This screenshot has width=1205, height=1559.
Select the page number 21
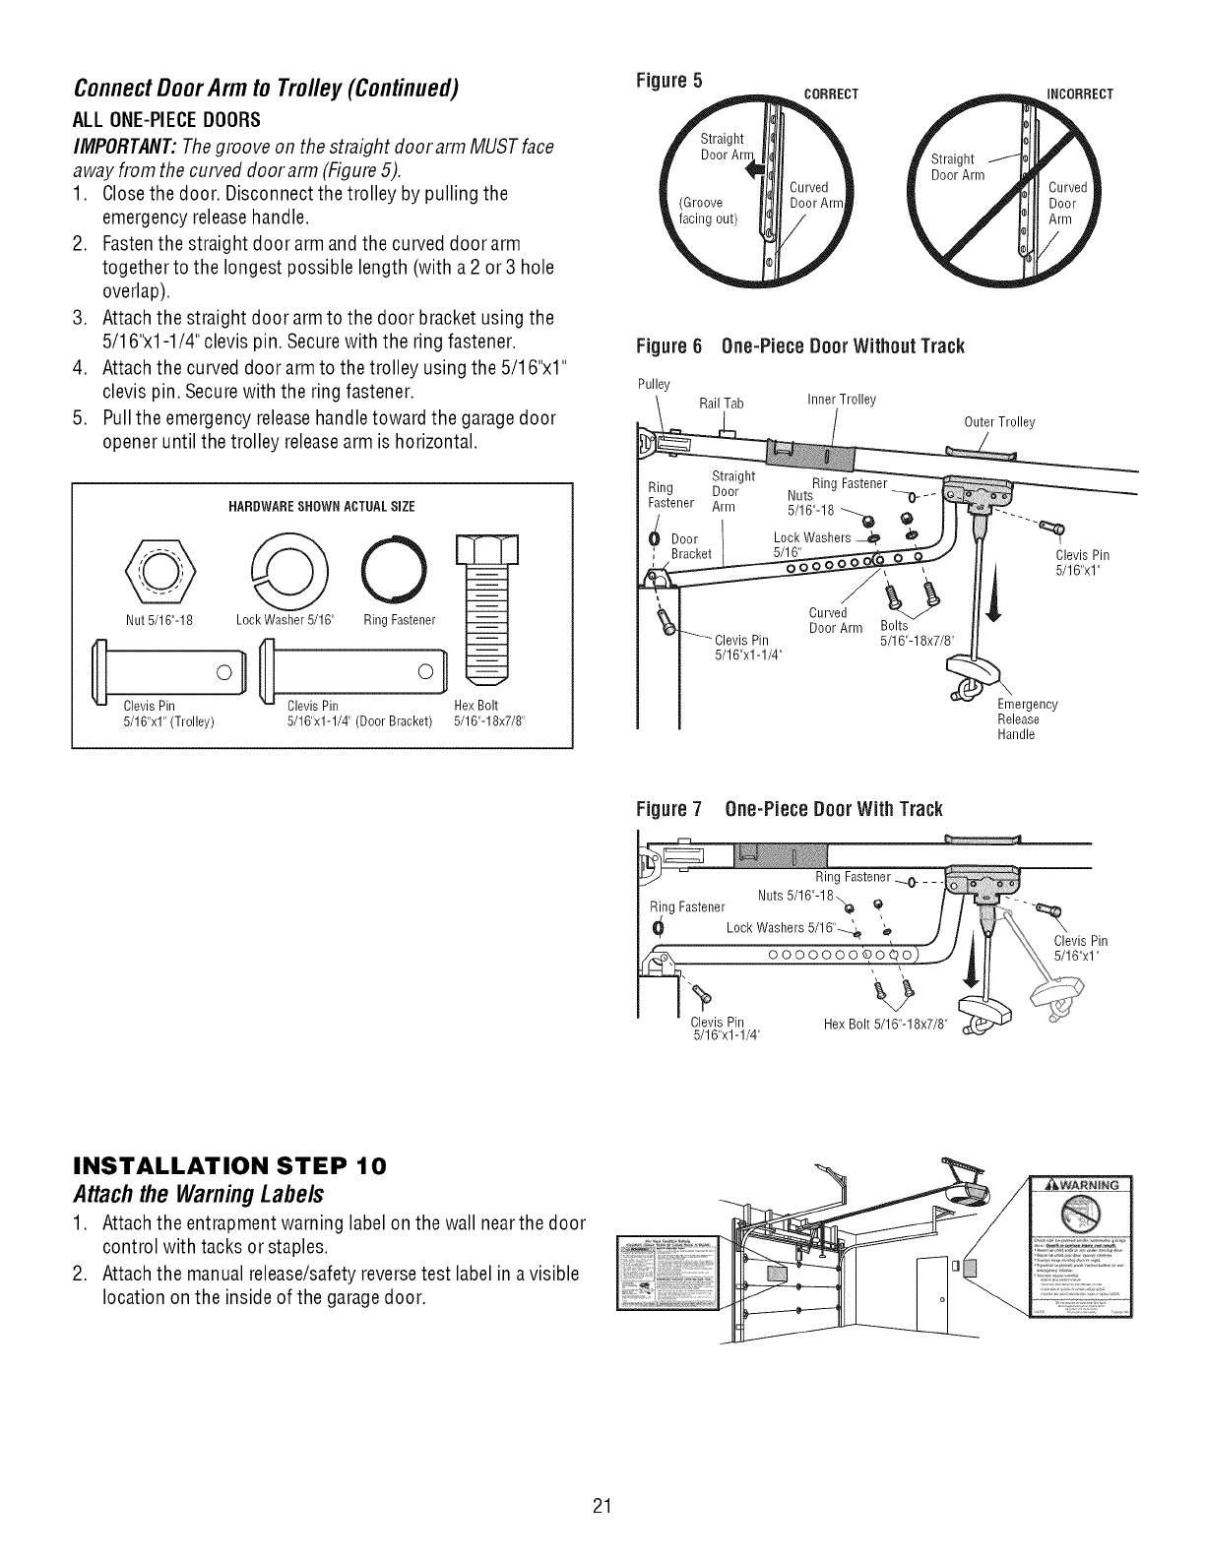tap(602, 1532)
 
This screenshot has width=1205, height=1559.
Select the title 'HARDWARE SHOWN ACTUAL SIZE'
tap(321, 507)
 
